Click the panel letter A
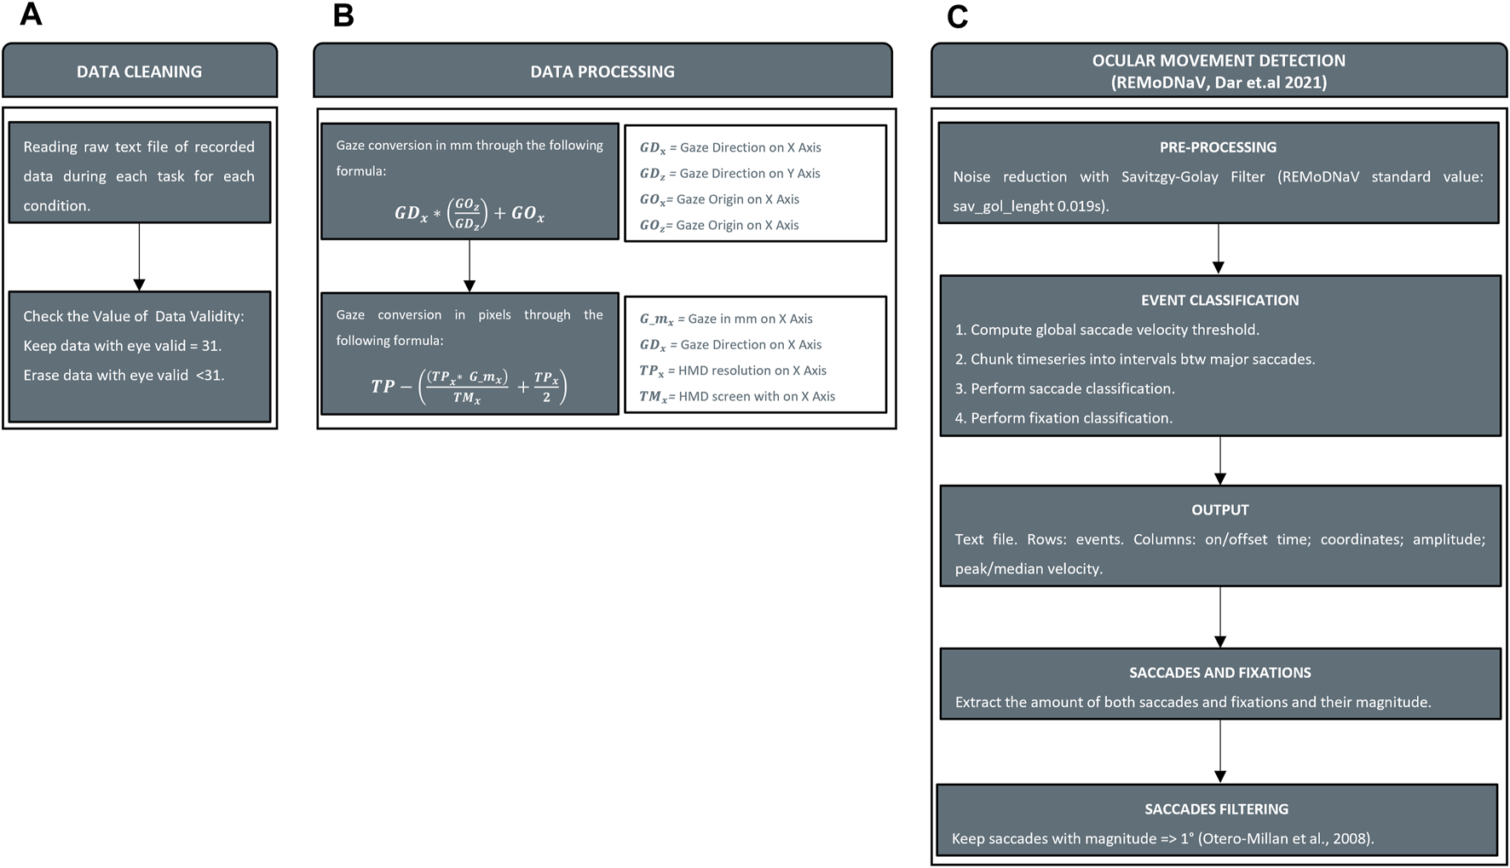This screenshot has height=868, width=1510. tap(31, 14)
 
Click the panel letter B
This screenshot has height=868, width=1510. tap(343, 14)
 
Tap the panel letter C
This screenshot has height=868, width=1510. tap(957, 16)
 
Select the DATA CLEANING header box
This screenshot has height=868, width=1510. tap(140, 72)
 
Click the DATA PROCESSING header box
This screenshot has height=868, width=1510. tap(602, 72)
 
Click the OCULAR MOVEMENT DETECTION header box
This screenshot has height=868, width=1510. tap(1219, 72)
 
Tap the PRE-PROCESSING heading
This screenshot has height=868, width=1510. tap(1218, 147)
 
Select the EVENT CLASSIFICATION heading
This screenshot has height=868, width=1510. tap(1219, 300)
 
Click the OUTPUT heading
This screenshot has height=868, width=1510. tap(1219, 509)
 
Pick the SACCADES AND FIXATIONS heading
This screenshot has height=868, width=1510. tap(1219, 672)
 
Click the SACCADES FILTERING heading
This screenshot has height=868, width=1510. tap(1216, 808)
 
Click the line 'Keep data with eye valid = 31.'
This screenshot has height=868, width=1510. tap(123, 346)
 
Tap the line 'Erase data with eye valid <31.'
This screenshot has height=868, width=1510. tap(124, 375)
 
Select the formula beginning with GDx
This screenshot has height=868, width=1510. tap(470, 212)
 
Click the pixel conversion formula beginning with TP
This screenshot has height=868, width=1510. tap(470, 387)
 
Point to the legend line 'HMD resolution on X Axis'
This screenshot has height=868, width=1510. tap(734, 371)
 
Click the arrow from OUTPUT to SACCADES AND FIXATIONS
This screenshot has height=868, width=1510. tap(1220, 618)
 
